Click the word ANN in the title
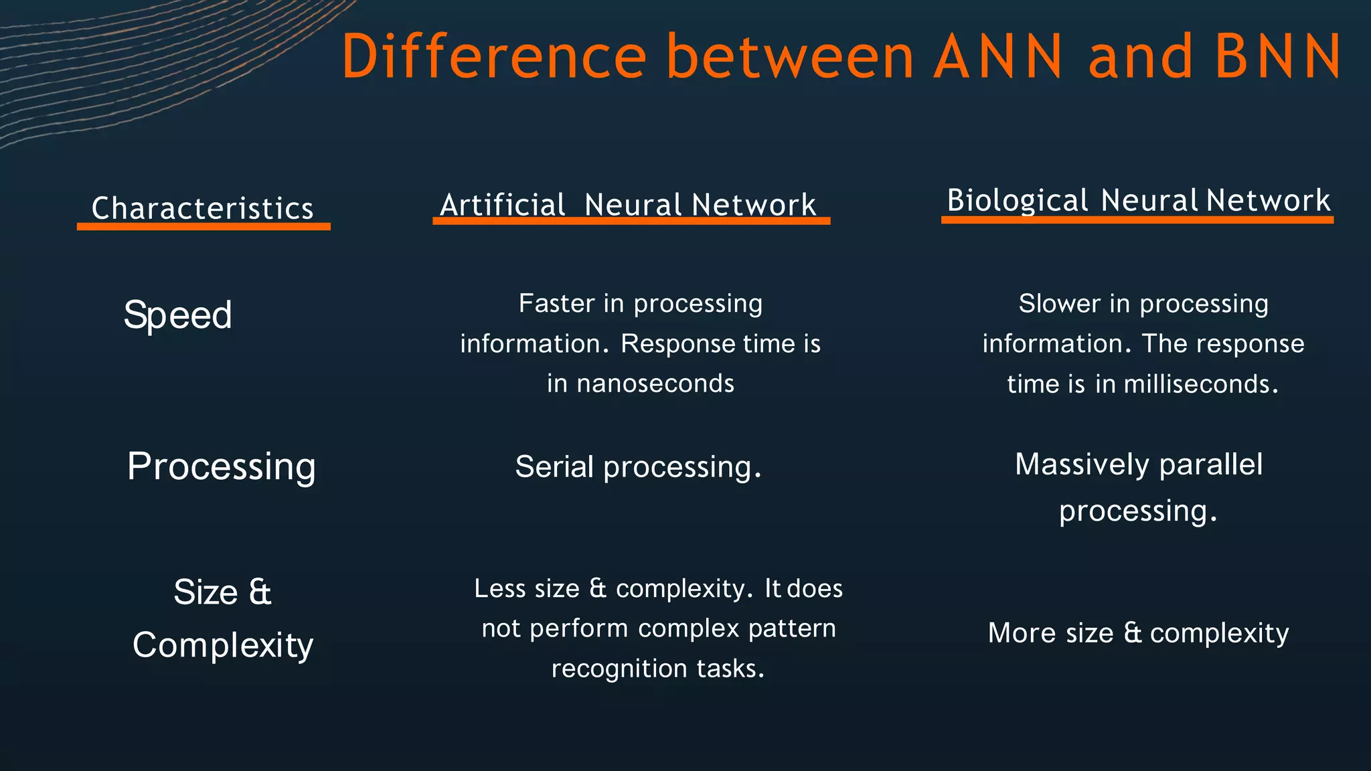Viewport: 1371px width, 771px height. point(997,57)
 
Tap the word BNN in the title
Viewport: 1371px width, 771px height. point(1277,57)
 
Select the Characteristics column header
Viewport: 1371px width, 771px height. point(203,208)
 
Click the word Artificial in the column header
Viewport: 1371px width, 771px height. point(503,205)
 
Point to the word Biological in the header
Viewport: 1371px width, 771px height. point(1018,200)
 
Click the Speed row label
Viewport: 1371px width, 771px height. point(178,315)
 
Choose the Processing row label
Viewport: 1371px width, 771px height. point(222,466)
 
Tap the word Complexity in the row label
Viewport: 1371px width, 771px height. point(223,645)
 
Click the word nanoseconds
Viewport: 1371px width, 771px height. point(655,383)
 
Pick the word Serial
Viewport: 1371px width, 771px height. point(554,466)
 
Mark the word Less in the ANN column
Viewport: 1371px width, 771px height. point(499,588)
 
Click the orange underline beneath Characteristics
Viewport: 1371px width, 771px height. point(204,227)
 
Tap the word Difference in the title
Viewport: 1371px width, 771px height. point(494,57)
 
